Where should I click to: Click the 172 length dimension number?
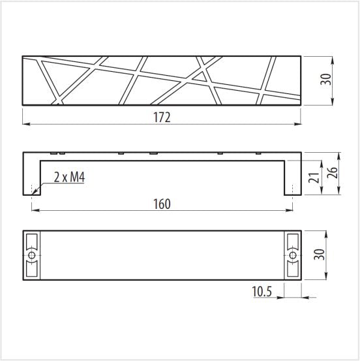[x=162, y=118]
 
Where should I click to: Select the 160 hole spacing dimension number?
[x=162, y=204]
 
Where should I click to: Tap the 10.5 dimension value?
[x=262, y=291]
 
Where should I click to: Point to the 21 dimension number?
[x=314, y=178]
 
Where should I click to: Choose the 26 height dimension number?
[x=332, y=173]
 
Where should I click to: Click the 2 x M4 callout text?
[x=70, y=178]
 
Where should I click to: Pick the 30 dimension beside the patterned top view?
[x=325, y=80]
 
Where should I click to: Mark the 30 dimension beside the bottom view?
[x=320, y=255]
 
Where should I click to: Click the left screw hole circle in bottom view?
[x=32, y=255]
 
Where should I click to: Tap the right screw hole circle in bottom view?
[x=293, y=255]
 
